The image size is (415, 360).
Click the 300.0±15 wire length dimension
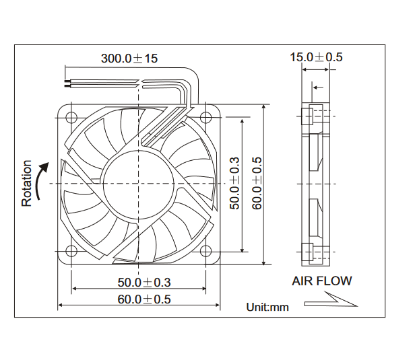[129, 59]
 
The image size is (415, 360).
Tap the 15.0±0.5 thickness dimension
[316, 57]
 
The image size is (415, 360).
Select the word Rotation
[27, 183]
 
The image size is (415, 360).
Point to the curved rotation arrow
[42, 180]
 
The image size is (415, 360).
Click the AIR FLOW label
[322, 281]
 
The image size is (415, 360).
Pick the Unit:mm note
[267, 307]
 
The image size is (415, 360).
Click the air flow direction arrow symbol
[331, 300]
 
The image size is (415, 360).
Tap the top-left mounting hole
[71, 117]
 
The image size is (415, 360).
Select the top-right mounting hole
[205, 117]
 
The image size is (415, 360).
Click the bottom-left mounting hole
[71, 251]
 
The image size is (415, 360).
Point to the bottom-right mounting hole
[205, 251]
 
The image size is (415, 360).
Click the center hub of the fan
[138, 184]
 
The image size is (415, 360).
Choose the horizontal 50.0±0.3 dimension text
[144, 283]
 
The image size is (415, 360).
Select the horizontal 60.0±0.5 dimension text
[144, 299]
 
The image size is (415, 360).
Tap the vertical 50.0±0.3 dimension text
[234, 183]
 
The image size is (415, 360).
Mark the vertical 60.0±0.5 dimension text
[257, 183]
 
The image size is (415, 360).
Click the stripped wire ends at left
[67, 83]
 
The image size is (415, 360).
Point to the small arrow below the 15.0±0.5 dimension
[318, 87]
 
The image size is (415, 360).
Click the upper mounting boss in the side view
[307, 116]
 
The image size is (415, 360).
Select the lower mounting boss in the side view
[307, 252]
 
